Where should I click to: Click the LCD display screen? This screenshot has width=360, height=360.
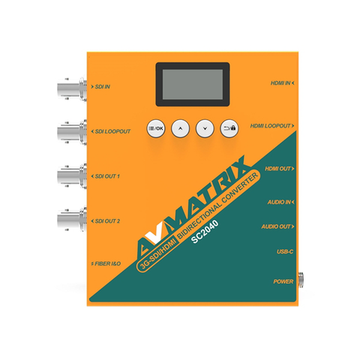(x=193, y=84)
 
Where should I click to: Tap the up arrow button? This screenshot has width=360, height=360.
(x=180, y=128)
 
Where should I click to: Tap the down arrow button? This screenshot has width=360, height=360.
(x=205, y=128)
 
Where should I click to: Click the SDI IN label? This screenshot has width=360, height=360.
(x=100, y=87)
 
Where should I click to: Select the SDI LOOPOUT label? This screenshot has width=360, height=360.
(x=111, y=131)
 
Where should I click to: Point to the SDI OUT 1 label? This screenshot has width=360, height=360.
(x=106, y=176)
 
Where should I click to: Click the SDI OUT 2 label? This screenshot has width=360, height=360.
(x=106, y=221)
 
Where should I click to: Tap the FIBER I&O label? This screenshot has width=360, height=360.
(x=106, y=263)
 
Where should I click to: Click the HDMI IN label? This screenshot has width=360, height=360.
(x=282, y=82)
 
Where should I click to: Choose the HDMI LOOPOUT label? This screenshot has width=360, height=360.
(x=272, y=126)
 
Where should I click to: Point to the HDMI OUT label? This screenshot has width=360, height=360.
(x=280, y=169)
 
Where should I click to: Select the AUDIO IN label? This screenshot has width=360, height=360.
(x=280, y=202)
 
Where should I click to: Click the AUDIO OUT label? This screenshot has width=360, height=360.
(x=277, y=226)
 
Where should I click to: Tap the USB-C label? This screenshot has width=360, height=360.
(x=285, y=251)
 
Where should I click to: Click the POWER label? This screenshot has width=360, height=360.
(x=283, y=281)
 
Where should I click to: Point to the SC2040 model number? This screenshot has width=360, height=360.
(x=205, y=232)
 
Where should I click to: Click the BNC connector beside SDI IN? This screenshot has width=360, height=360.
(x=72, y=88)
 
